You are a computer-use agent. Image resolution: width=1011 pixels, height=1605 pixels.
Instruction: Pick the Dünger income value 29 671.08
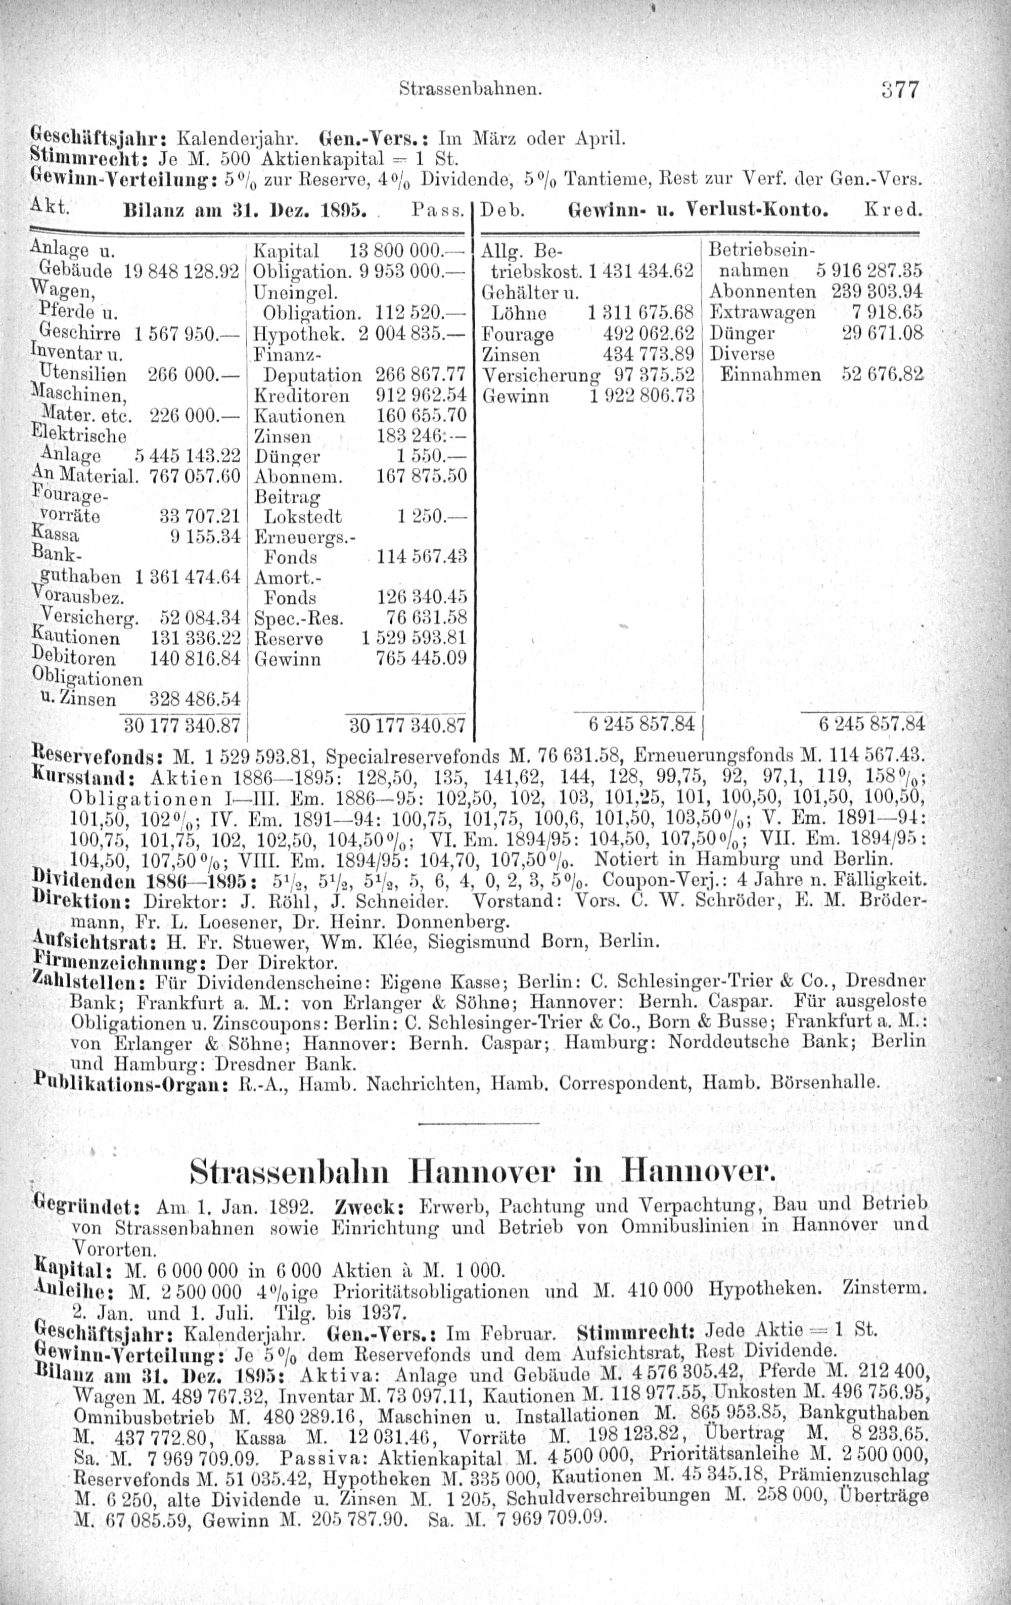point(882,333)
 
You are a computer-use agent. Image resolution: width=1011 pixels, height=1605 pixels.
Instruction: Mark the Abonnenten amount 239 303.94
point(877,291)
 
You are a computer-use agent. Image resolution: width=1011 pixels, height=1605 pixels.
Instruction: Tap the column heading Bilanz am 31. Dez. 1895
point(245,212)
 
